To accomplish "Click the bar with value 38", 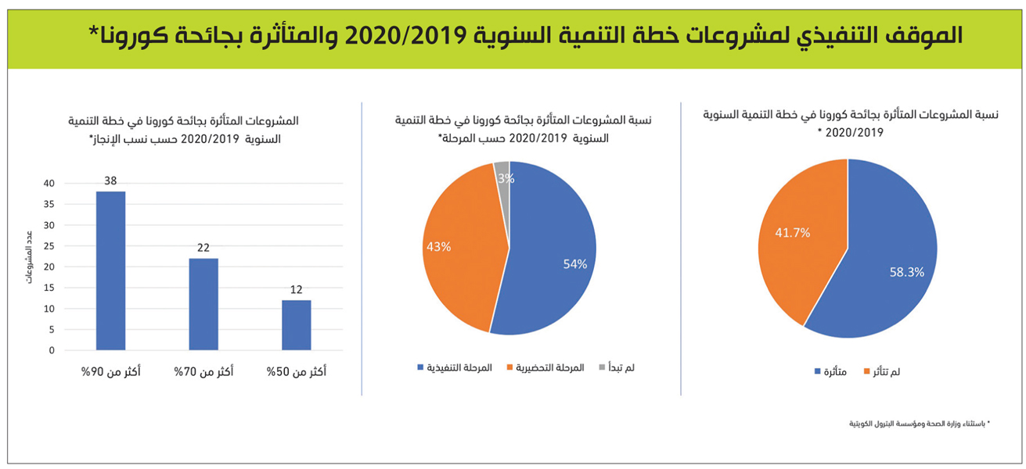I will click(x=110, y=270).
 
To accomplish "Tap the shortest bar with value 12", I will click(x=297, y=324).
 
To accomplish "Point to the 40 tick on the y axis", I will click(x=49, y=184).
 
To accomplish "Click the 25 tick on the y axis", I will click(x=49, y=246).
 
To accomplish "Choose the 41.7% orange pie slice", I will click(x=798, y=234).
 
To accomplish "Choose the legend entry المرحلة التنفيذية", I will click(x=454, y=367).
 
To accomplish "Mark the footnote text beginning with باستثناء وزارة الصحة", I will click(x=920, y=423).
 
